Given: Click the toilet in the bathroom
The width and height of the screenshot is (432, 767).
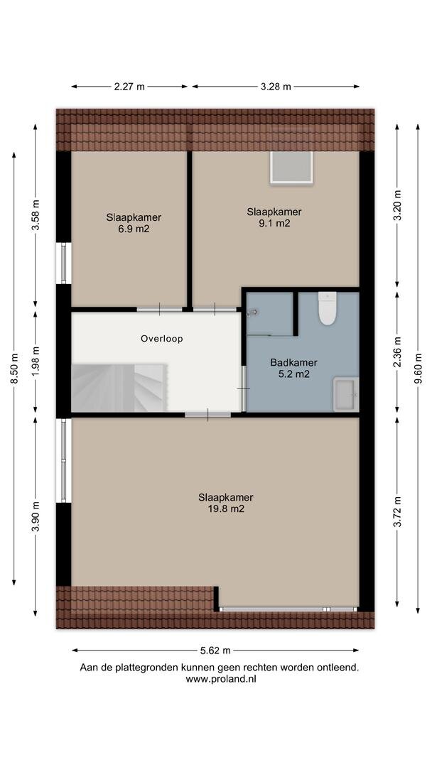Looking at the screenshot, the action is (x=327, y=308).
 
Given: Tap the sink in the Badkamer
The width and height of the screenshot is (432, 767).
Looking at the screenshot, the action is (x=346, y=394).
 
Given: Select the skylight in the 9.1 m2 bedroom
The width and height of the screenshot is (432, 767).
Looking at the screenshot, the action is (x=291, y=168).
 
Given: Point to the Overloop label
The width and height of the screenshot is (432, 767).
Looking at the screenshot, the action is (x=161, y=339).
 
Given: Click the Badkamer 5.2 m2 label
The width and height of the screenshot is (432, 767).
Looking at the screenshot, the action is (x=293, y=369).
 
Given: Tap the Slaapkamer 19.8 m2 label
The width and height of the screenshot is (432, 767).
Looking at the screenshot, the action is (x=225, y=503).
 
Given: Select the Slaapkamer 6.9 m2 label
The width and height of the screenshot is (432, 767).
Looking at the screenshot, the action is (x=134, y=222).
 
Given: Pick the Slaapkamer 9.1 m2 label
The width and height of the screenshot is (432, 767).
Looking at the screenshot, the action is (x=274, y=217).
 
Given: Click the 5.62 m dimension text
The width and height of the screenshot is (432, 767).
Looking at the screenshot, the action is (x=215, y=650).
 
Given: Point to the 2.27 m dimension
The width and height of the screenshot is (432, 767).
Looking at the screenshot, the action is (x=129, y=87).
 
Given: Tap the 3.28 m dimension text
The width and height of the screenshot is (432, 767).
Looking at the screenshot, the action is (x=276, y=87).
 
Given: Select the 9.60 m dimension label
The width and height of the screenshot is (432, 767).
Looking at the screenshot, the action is (x=417, y=369).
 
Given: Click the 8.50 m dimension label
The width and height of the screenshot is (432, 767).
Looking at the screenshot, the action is (x=13, y=369).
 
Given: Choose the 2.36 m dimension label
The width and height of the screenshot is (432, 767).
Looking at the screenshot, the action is (x=396, y=352).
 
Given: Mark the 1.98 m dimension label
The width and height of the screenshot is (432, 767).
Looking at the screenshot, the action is (x=36, y=361).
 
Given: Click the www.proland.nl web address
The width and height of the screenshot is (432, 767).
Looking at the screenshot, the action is (x=221, y=679).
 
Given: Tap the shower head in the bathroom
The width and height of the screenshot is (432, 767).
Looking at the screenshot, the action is (x=253, y=312).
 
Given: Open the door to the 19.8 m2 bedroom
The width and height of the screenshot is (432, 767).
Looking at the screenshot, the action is (x=208, y=415).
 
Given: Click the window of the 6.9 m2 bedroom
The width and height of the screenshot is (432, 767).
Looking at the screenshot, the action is (x=64, y=263).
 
